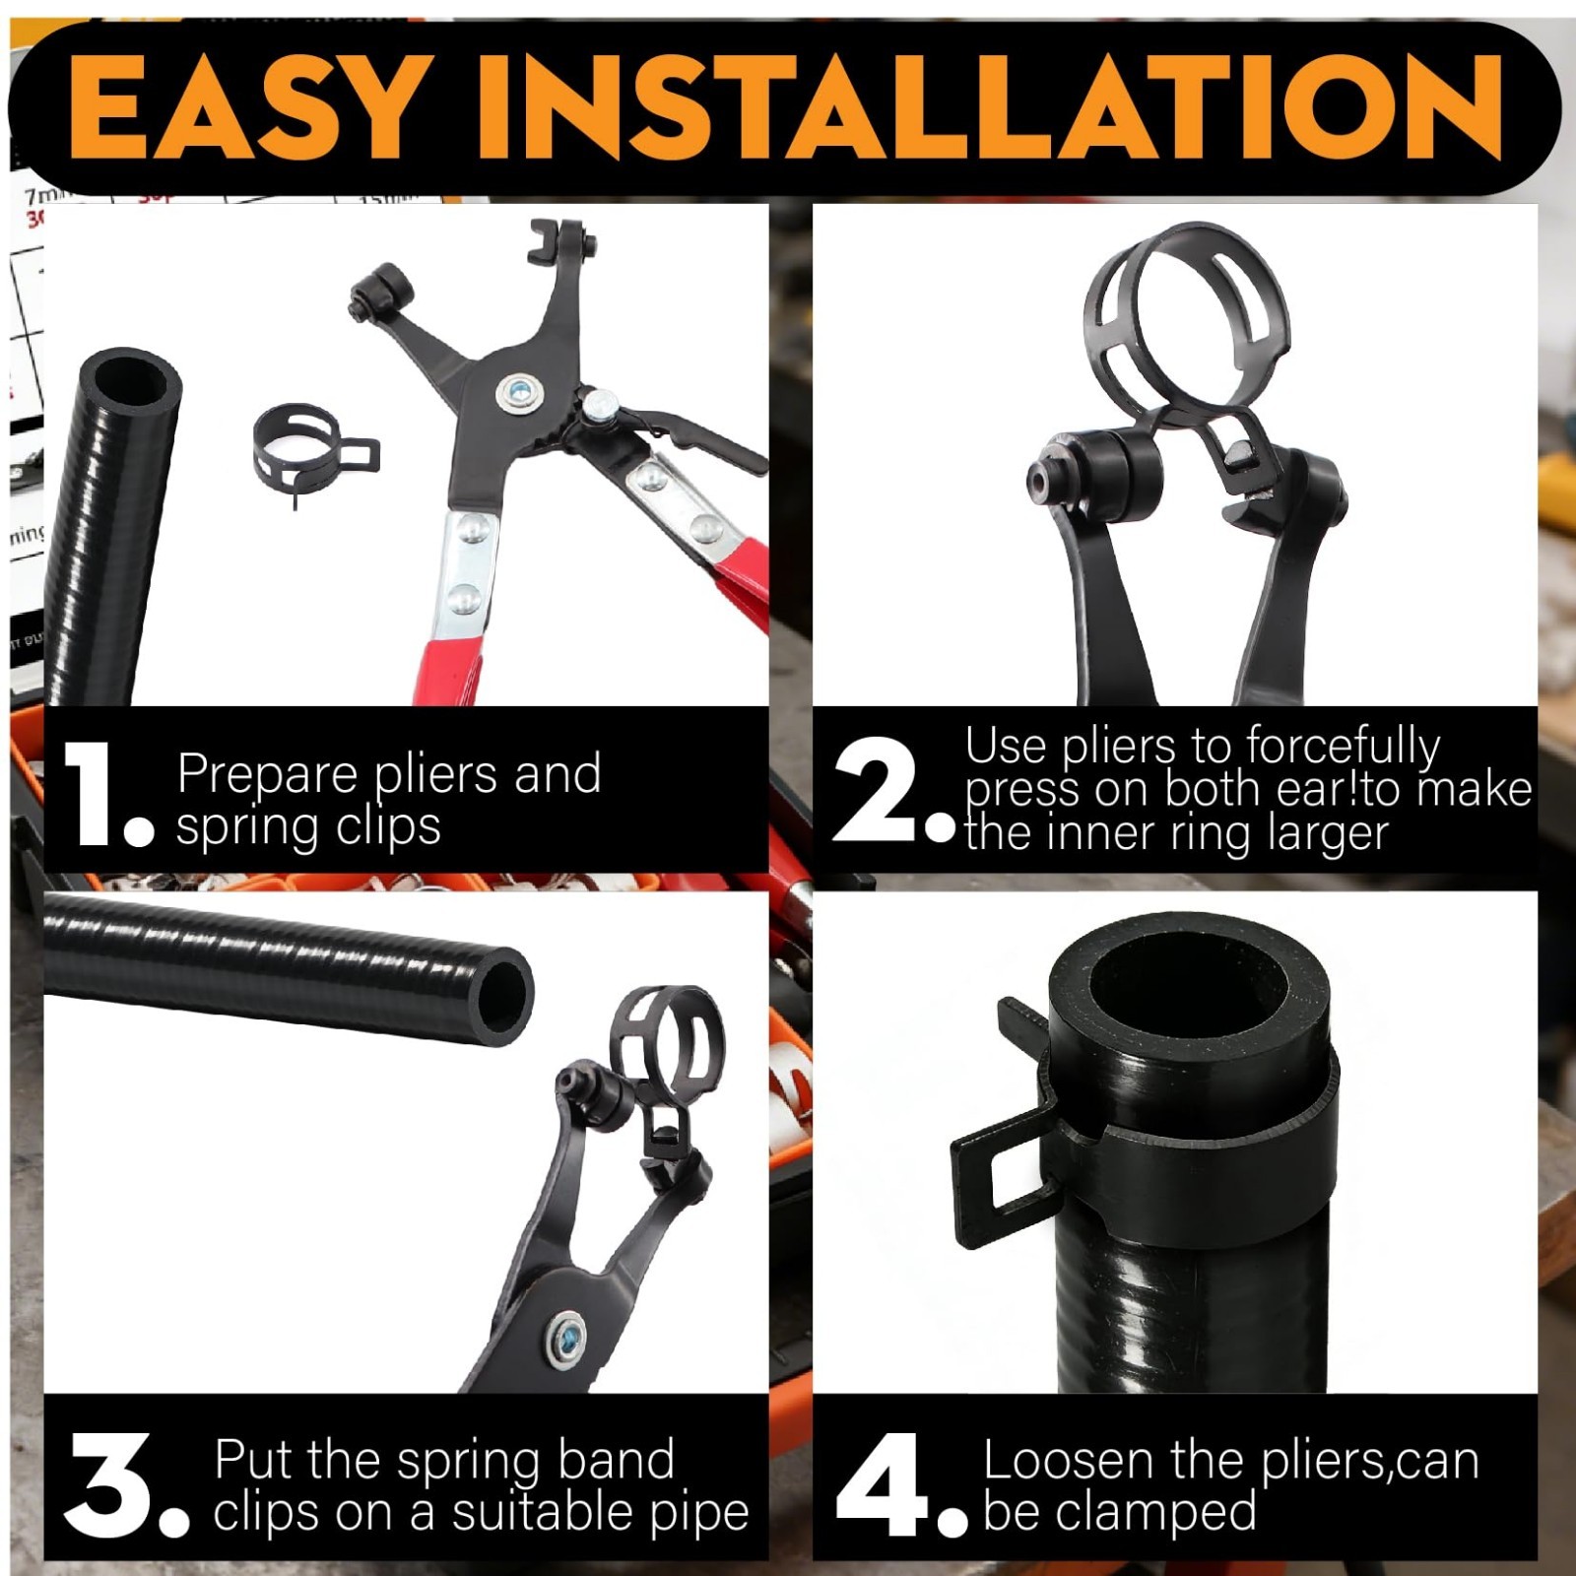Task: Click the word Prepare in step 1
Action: click(268, 776)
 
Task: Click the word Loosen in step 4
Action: click(1068, 1460)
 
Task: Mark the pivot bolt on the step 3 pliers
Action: click(567, 1341)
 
